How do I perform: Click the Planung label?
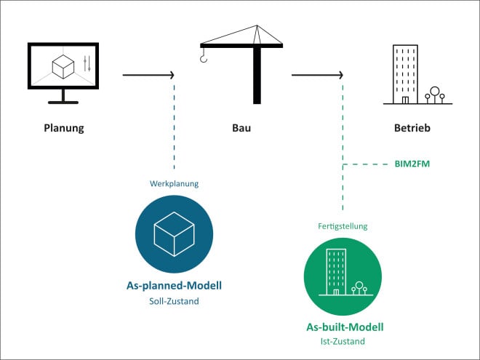64,129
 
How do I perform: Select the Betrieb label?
412,129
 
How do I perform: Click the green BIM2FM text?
412,164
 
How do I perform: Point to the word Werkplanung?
175,184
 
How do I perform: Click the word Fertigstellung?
343,226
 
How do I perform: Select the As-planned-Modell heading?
174,286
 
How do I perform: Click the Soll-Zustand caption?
174,300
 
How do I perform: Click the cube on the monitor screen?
62,67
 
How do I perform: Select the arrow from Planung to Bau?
148,74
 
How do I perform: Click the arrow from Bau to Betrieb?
317,74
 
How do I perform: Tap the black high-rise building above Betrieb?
404,73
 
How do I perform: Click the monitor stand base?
64,101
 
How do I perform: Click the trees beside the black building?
435,95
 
